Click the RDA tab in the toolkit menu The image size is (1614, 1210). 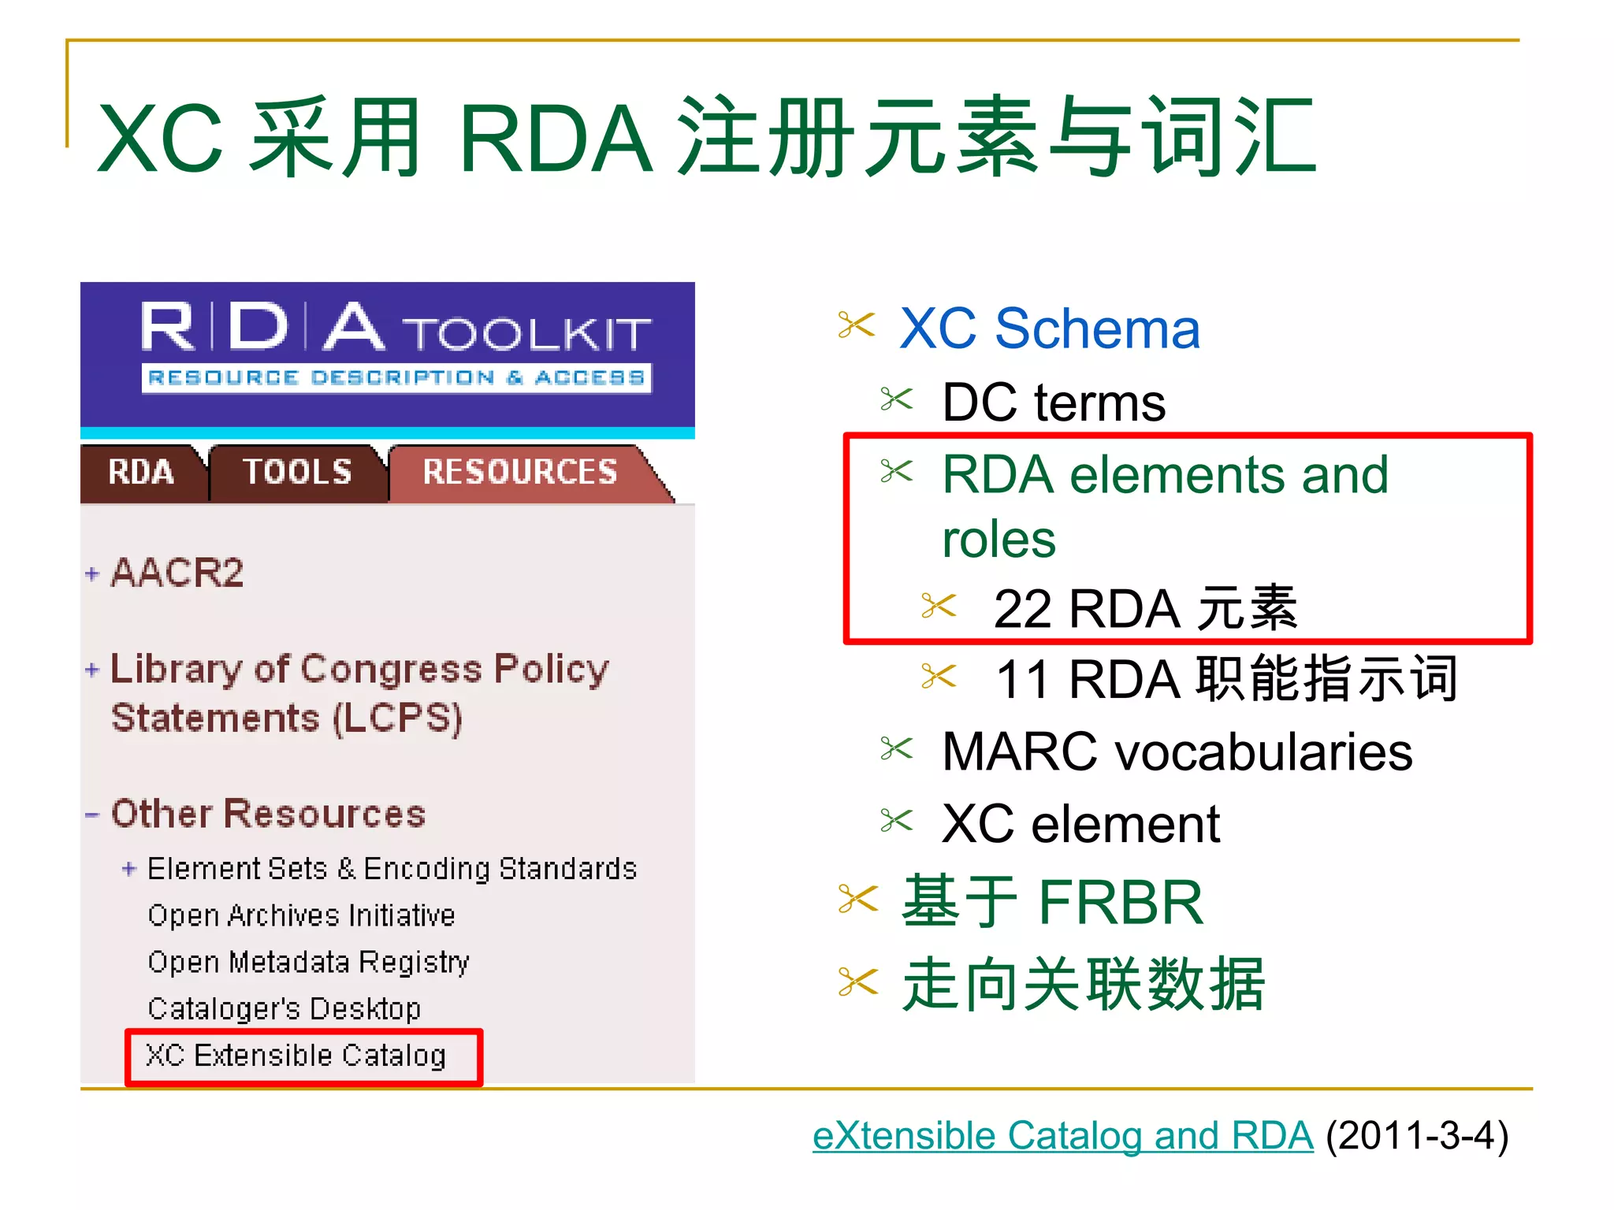click(x=141, y=472)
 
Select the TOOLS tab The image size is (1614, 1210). click(x=297, y=472)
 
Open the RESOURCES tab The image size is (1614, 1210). click(x=519, y=472)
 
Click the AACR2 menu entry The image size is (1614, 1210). click(x=177, y=573)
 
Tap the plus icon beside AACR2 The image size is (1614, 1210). click(x=92, y=574)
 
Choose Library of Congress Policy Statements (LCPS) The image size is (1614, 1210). click(x=359, y=693)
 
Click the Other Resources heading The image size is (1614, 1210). click(x=268, y=814)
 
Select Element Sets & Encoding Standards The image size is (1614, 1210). click(x=392, y=869)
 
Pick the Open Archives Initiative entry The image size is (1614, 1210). click(x=301, y=915)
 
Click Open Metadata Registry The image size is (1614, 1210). click(x=308, y=962)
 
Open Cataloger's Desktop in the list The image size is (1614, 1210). click(x=284, y=1008)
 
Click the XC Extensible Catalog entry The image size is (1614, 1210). click(x=296, y=1056)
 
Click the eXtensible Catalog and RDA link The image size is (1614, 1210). click(x=1062, y=1136)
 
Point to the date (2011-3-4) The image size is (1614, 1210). click(x=1417, y=1136)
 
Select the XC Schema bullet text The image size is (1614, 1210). click(x=1049, y=328)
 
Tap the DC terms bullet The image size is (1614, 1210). click(x=1054, y=403)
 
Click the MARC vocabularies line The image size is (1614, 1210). click(x=1177, y=752)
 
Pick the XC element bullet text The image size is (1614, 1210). click(x=1080, y=825)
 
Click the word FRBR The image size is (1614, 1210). click(x=1121, y=903)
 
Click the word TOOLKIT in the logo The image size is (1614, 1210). click(x=529, y=334)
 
